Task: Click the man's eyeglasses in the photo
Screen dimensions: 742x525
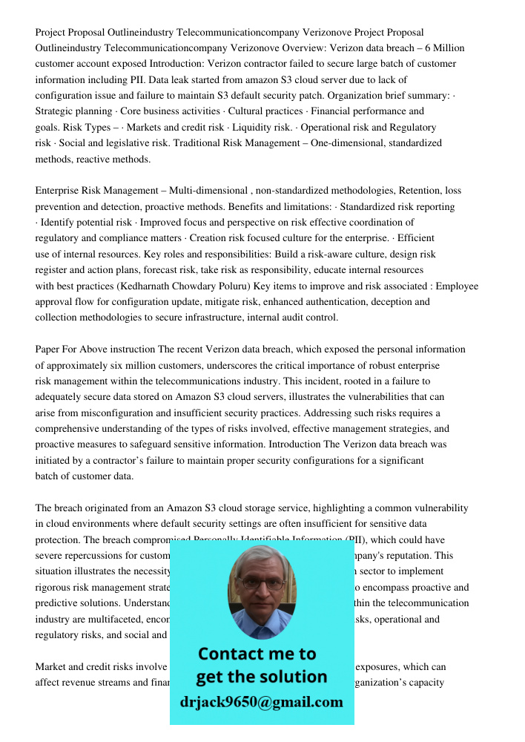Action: point(260,582)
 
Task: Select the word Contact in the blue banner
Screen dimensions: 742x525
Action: point(228,654)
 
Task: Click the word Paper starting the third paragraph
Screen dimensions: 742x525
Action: point(49,349)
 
